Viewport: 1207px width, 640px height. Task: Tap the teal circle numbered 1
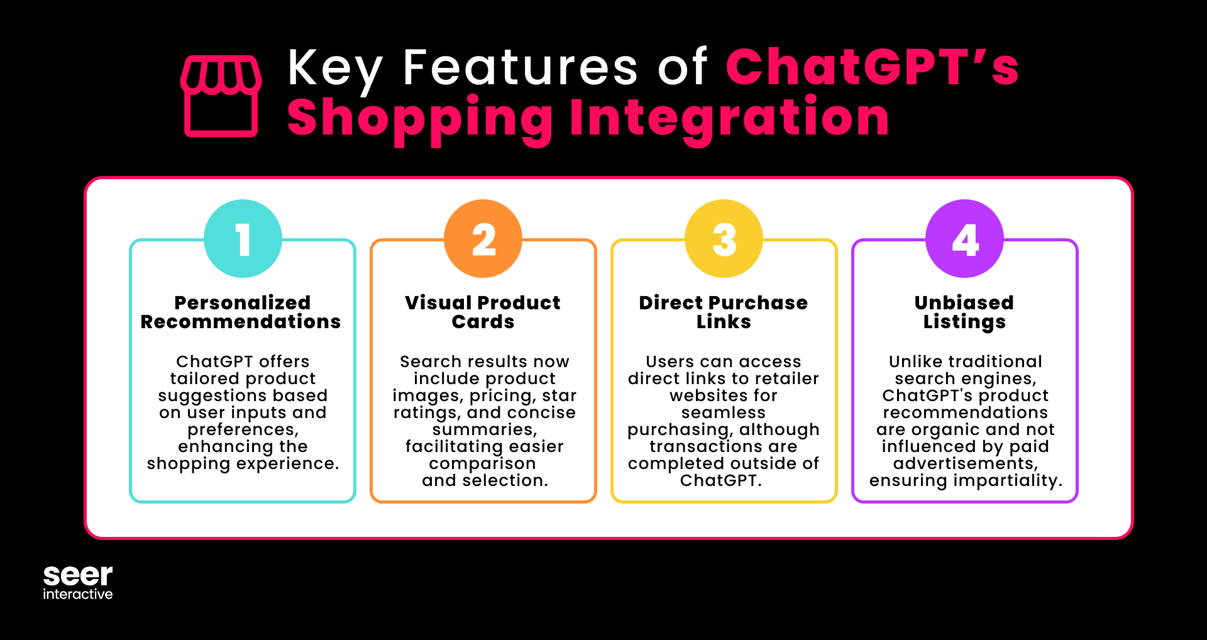[x=243, y=239]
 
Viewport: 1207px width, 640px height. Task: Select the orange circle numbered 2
[x=483, y=239]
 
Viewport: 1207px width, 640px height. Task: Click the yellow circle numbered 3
[x=724, y=239]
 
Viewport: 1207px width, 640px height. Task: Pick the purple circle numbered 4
[x=965, y=239]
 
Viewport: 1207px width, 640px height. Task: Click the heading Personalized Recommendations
[x=241, y=312]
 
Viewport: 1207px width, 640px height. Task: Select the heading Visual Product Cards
[x=483, y=312]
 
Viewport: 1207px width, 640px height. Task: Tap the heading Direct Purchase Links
[x=724, y=312]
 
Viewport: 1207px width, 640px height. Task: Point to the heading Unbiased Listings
[x=964, y=312]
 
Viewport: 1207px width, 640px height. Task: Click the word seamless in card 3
[x=724, y=412]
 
